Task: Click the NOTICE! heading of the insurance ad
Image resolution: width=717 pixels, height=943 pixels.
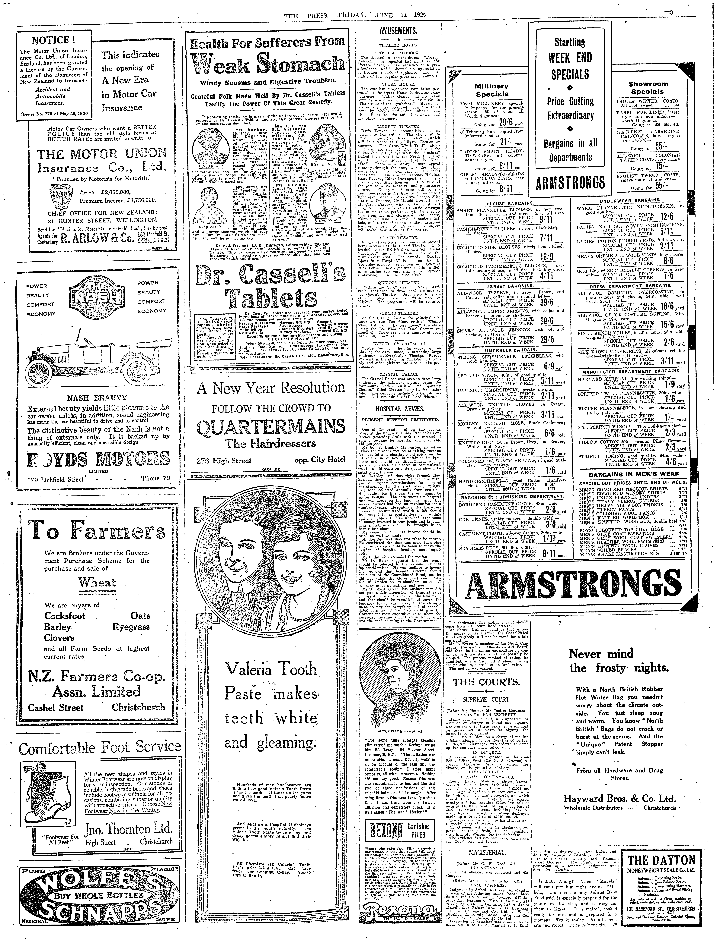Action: [x=53, y=40]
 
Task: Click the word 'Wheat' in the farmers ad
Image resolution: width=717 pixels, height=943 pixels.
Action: [x=97, y=583]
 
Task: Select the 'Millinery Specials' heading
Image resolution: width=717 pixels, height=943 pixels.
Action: [x=492, y=90]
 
